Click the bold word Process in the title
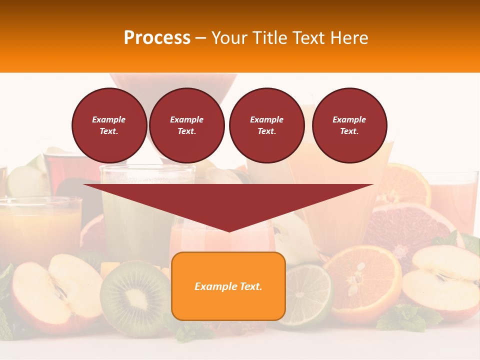[157, 38]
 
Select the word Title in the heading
[269, 38]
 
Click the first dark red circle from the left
[109, 125]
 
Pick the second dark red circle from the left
[186, 125]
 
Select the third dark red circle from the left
[266, 125]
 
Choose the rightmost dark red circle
[349, 125]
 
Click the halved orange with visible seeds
[362, 282]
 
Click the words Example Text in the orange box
[228, 286]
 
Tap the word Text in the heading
[306, 38]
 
